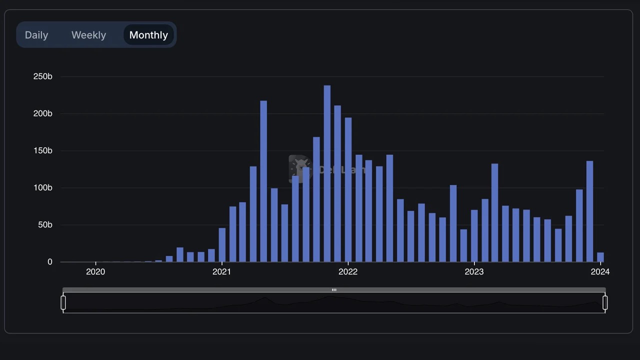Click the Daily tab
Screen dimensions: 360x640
tap(36, 35)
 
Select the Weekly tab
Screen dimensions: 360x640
tap(88, 35)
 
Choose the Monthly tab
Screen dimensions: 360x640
tap(148, 35)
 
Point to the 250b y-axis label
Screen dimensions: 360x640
tap(42, 76)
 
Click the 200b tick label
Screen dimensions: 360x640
tap(42, 113)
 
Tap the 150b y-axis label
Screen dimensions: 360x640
tap(42, 150)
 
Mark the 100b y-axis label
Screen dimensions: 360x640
tap(42, 188)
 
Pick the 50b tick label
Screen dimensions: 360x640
tap(45, 225)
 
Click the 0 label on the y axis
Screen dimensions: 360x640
tap(49, 262)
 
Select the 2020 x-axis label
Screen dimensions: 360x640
tap(95, 272)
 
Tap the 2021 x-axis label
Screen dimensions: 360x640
tap(221, 272)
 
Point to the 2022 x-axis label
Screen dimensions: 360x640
tap(348, 272)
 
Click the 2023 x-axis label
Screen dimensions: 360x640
tap(474, 272)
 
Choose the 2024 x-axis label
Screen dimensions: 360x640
tap(600, 272)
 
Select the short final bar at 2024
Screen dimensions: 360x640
tap(600, 257)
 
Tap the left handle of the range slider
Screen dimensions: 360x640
tap(63, 302)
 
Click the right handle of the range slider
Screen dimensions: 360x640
tap(605, 302)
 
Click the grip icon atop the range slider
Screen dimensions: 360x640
tap(334, 290)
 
